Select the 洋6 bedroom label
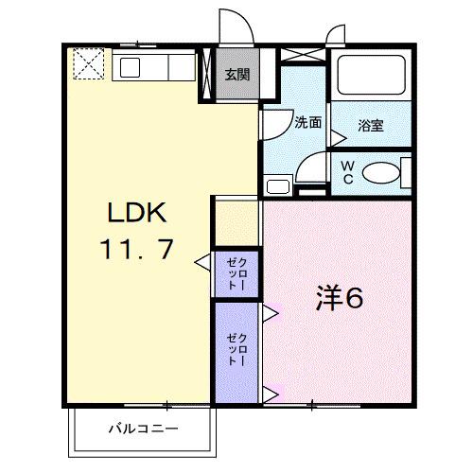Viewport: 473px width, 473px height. coord(339,298)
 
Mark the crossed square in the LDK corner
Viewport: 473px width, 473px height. coord(89,64)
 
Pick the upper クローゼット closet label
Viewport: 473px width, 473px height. coord(236,273)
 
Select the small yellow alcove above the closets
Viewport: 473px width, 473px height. coord(236,222)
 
